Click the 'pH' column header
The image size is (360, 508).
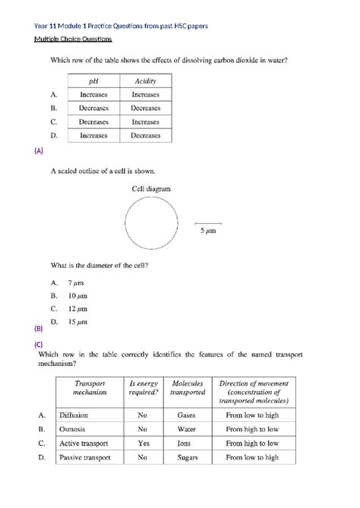coord(93,80)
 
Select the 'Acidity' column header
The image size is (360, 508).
coord(145,80)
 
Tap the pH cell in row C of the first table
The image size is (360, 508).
coord(93,121)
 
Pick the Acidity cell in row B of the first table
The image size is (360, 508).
coord(145,108)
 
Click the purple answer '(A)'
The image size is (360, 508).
coord(39,150)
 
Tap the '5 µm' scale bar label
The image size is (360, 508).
coord(208,232)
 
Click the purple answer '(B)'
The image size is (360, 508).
coord(39,329)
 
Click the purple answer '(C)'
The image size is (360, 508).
coord(39,344)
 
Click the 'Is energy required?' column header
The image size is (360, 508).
coord(143,388)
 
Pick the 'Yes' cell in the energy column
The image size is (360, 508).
coord(143,443)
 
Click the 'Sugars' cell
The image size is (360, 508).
coord(187,457)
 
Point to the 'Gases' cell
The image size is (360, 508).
coord(187,415)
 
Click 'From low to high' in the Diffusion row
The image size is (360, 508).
coord(252,415)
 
